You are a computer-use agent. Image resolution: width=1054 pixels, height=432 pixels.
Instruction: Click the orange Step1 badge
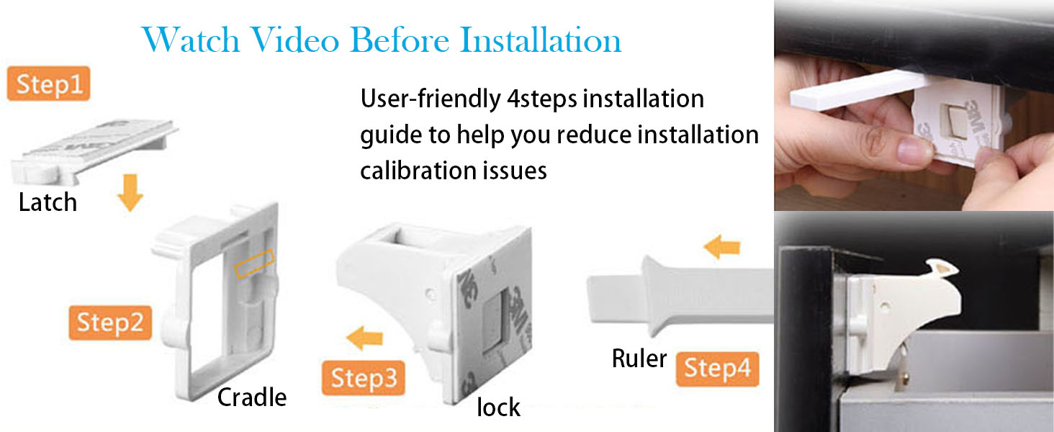pyautogui.click(x=48, y=84)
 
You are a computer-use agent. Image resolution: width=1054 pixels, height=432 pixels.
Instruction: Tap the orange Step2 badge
pyautogui.click(x=110, y=323)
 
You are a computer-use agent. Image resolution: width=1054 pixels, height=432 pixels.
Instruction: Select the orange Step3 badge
pyautogui.click(x=364, y=378)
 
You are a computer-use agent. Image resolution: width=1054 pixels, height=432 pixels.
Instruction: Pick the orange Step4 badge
pyautogui.click(x=718, y=369)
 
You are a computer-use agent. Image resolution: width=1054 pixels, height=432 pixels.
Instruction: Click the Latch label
pyautogui.click(x=48, y=202)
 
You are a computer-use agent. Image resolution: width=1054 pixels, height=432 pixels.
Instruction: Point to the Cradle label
pyautogui.click(x=252, y=397)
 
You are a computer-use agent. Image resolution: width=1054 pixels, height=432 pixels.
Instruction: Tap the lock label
pyautogui.click(x=498, y=407)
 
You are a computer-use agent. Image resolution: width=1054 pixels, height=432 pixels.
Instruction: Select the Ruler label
pyautogui.click(x=639, y=359)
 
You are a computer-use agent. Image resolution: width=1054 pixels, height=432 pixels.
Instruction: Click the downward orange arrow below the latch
pyautogui.click(x=130, y=192)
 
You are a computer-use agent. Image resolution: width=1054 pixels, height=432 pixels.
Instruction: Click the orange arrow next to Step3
pyautogui.click(x=365, y=338)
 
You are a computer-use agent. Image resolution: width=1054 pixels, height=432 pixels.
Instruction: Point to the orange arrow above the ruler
pyautogui.click(x=722, y=247)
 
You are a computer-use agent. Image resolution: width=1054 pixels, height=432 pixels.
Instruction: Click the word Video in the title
pyautogui.click(x=294, y=40)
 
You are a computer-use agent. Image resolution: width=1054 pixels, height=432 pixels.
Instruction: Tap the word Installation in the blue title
pyautogui.click(x=541, y=40)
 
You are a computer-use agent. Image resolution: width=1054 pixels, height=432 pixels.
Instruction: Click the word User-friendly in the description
pyautogui.click(x=431, y=99)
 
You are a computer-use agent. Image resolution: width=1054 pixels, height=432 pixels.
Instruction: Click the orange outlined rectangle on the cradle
pyautogui.click(x=255, y=264)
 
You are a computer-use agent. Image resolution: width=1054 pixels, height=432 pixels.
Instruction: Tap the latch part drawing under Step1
pyautogui.click(x=94, y=150)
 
